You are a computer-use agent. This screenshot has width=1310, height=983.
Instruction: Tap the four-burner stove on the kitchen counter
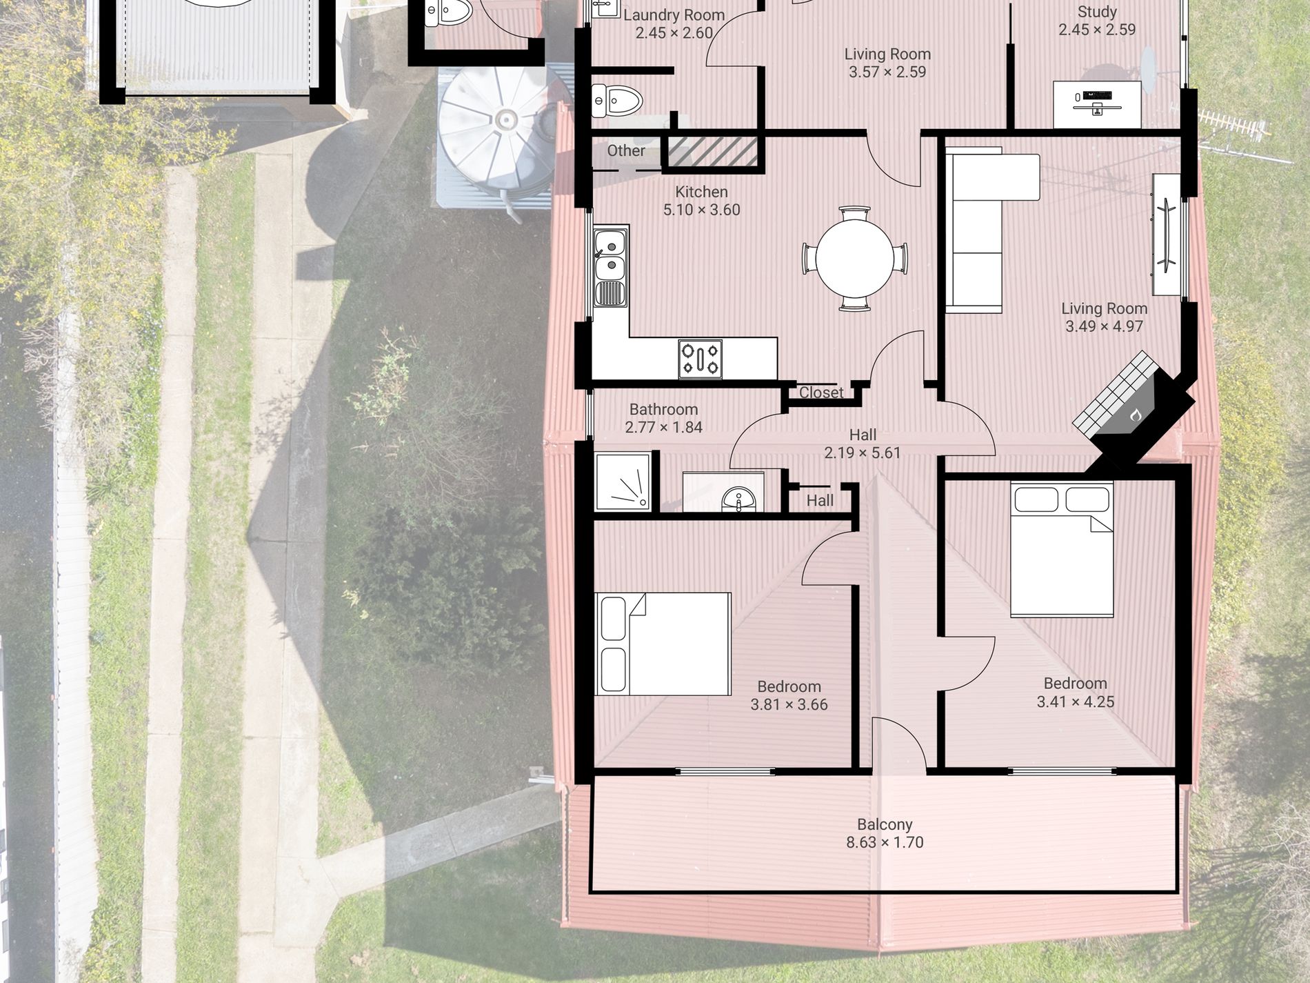pos(700,359)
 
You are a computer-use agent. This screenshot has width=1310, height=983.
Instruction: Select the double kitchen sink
pos(610,266)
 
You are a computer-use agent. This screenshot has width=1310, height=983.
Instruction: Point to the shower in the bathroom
pos(623,481)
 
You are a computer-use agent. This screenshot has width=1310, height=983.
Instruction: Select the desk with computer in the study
pos(1097,104)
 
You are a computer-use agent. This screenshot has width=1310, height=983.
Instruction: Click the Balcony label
pos(885,824)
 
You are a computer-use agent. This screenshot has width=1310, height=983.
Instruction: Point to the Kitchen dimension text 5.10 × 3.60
pos(701,210)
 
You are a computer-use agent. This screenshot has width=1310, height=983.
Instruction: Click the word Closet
pos(821,393)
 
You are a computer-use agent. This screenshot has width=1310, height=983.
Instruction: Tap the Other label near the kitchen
pos(626,150)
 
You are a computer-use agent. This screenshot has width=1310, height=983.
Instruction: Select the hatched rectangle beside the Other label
pos(713,152)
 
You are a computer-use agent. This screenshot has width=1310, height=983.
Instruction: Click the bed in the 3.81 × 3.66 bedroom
pos(663,644)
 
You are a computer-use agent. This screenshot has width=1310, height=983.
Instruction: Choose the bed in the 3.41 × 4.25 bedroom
pos(1062,549)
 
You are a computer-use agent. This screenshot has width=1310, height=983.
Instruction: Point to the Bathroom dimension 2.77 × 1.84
pos(663,428)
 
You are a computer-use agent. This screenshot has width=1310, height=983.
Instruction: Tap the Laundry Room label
pos(674,15)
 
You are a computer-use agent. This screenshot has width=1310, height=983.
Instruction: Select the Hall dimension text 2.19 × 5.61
pos(862,453)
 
